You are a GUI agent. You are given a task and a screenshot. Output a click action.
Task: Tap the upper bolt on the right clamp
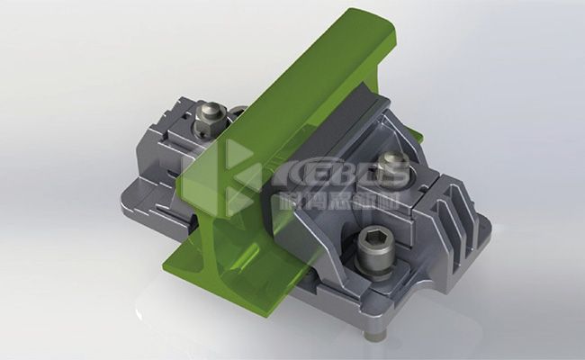(392, 166)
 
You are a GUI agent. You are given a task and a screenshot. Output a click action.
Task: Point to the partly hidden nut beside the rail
(238, 112)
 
